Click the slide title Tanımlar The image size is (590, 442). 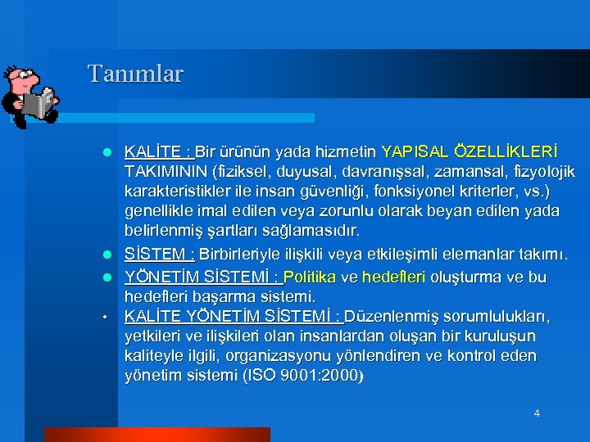click(x=136, y=74)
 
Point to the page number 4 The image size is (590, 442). click(x=537, y=413)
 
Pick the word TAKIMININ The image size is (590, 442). click(x=166, y=172)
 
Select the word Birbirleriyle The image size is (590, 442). click(x=252, y=250)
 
